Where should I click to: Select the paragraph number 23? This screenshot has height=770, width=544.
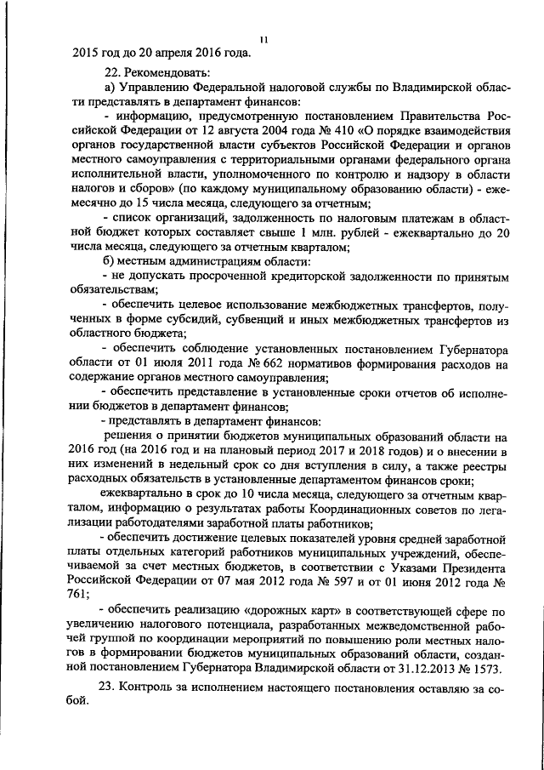click(110, 689)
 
